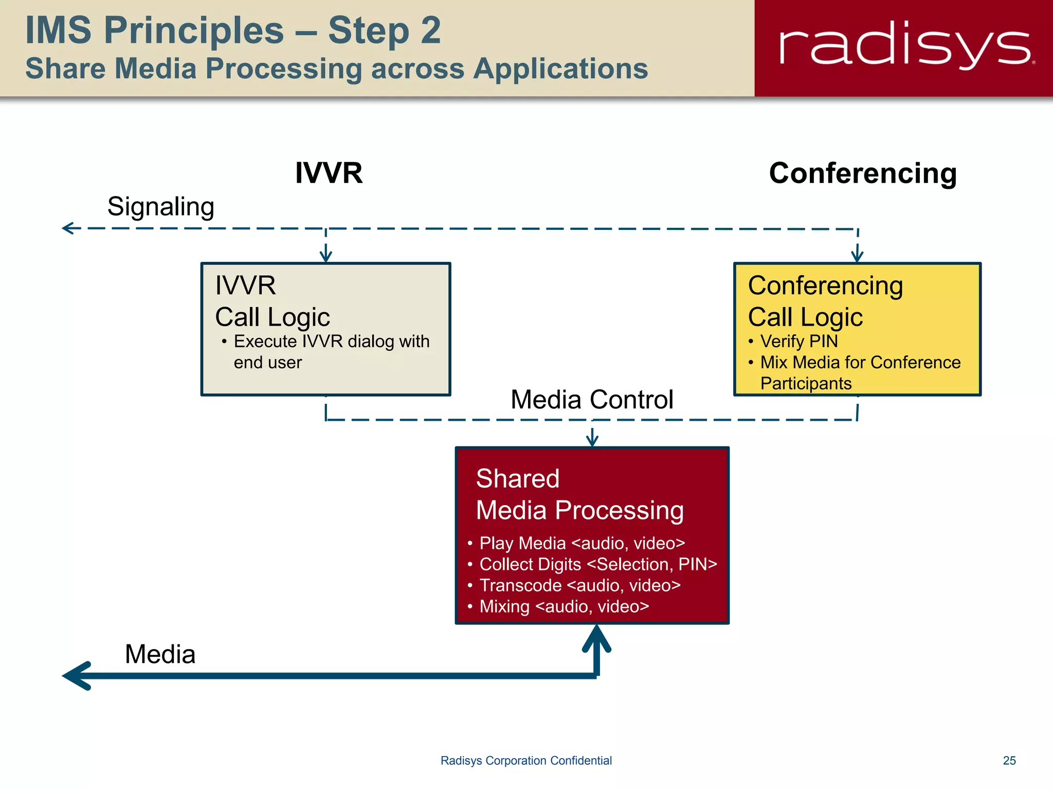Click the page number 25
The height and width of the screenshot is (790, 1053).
[x=1009, y=760]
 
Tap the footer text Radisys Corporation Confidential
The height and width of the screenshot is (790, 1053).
[x=526, y=760]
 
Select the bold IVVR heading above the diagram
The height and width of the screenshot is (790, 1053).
[x=329, y=173]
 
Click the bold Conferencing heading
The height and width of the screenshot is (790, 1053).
[x=862, y=173]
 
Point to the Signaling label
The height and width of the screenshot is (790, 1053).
[x=160, y=207]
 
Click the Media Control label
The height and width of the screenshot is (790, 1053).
[x=591, y=400]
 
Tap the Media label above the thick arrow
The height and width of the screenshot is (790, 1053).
[x=160, y=654]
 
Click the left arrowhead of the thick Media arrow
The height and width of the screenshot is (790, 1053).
[x=75, y=676]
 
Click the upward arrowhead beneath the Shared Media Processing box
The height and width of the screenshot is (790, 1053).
[x=596, y=638]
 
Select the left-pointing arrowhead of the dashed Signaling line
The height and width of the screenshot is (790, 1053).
[x=67, y=228]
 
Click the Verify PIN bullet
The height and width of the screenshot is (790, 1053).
[x=798, y=341]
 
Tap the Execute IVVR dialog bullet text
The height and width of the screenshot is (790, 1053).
[x=331, y=351]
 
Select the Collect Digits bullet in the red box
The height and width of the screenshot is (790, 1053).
[x=597, y=564]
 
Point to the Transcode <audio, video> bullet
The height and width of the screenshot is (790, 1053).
[x=579, y=585]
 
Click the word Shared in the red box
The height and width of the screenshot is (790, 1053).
[x=517, y=478]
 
